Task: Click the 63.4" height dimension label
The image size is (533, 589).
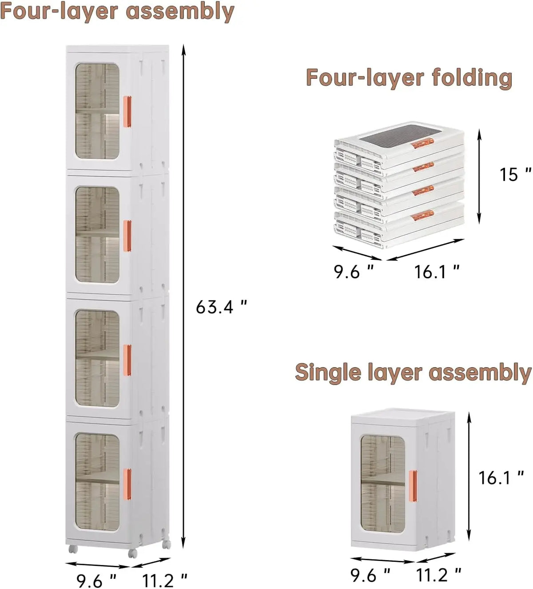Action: [x=221, y=308]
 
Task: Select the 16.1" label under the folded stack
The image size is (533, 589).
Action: [x=437, y=272]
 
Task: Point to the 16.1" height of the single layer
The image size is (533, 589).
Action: [x=501, y=478]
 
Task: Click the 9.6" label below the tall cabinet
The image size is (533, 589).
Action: [x=96, y=580]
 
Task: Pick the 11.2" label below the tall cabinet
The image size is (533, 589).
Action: [x=165, y=580]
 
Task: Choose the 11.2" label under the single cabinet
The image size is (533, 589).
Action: [x=439, y=575]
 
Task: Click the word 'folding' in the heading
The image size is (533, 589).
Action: [x=472, y=78]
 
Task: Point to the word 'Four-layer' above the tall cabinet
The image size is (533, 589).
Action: [x=60, y=12]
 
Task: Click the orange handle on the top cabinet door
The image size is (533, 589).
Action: [x=127, y=112]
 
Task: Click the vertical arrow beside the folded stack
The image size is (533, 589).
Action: [x=479, y=176]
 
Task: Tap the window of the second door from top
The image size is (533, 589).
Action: [x=98, y=235]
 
